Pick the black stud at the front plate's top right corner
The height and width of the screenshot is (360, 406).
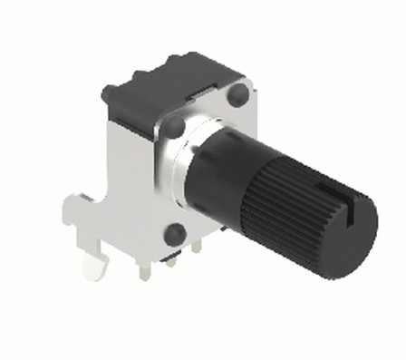coord(239,95)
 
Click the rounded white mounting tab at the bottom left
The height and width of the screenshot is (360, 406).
coord(93,268)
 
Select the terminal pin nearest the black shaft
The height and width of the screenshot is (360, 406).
coord(198,245)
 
